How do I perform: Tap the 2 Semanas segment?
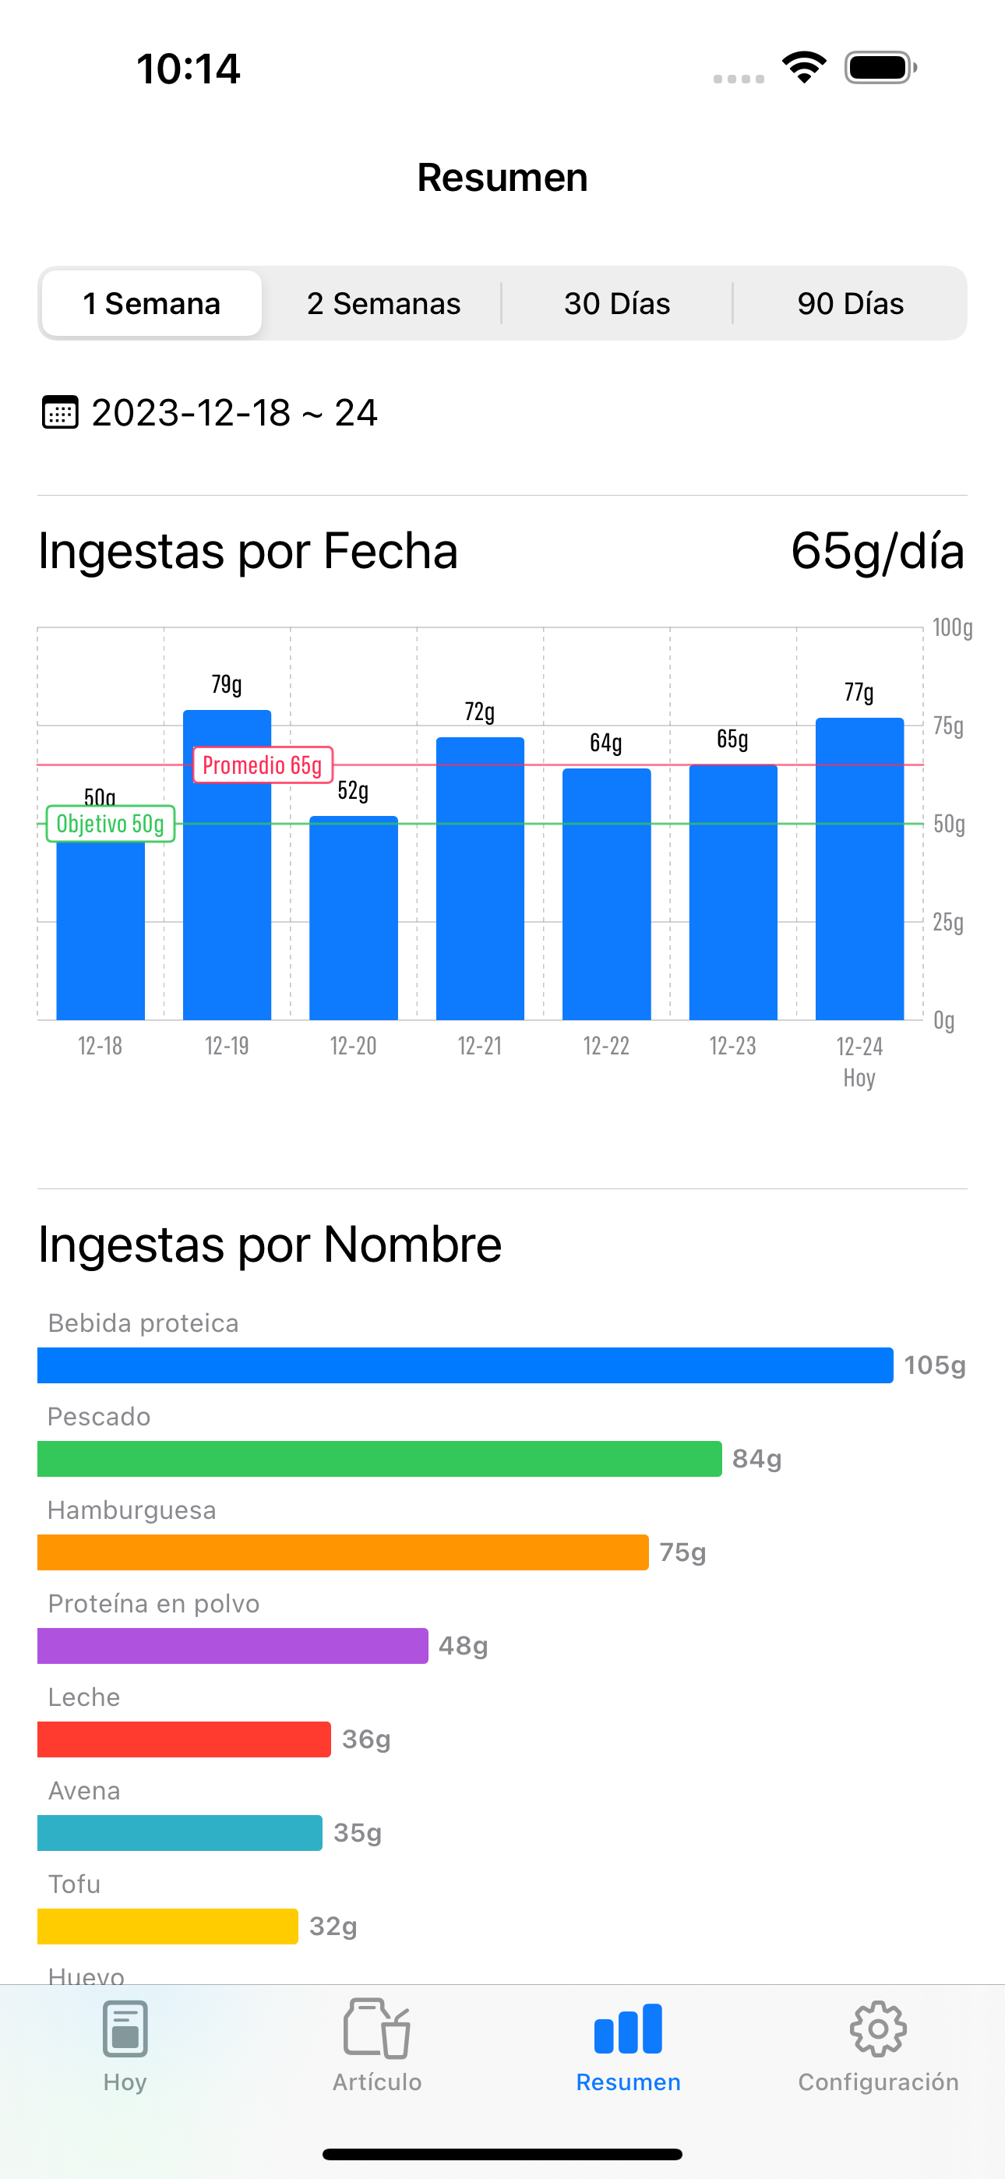(x=383, y=304)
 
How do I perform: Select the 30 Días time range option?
(x=617, y=304)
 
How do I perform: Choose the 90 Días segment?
(x=850, y=304)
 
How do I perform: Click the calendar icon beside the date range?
(x=60, y=413)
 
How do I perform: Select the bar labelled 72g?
(x=480, y=880)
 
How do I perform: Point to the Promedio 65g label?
(x=263, y=765)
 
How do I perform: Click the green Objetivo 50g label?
(x=110, y=824)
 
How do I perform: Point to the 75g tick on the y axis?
(x=948, y=726)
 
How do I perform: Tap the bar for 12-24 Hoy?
(x=859, y=871)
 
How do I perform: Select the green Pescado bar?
(x=379, y=1459)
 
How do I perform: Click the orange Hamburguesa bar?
(x=343, y=1552)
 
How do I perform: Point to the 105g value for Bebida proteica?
(x=934, y=1365)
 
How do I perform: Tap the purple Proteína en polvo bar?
(x=233, y=1646)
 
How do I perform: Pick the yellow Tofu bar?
(x=167, y=1926)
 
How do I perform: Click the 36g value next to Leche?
(x=366, y=1739)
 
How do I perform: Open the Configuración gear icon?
(x=878, y=2029)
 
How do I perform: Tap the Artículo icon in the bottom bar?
(x=376, y=2029)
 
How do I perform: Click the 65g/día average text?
(x=877, y=552)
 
